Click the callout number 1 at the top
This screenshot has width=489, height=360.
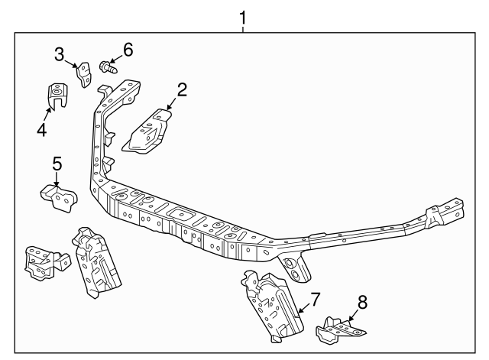click(x=243, y=18)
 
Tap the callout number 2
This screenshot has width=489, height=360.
click(x=182, y=90)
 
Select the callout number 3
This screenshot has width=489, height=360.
click(x=60, y=54)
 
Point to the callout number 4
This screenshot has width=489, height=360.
click(x=42, y=130)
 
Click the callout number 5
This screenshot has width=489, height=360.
click(x=57, y=164)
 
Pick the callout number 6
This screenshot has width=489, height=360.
click(x=128, y=50)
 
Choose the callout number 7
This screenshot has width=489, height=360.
click(x=315, y=300)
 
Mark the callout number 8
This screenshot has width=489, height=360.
click(x=362, y=302)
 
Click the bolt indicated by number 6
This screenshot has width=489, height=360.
click(x=108, y=67)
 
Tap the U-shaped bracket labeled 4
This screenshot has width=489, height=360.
click(x=57, y=95)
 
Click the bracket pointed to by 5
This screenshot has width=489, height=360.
click(x=60, y=198)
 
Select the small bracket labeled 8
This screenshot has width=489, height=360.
click(x=340, y=331)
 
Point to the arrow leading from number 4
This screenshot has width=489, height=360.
click(x=47, y=115)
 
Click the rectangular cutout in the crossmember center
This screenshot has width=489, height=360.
click(x=180, y=214)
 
